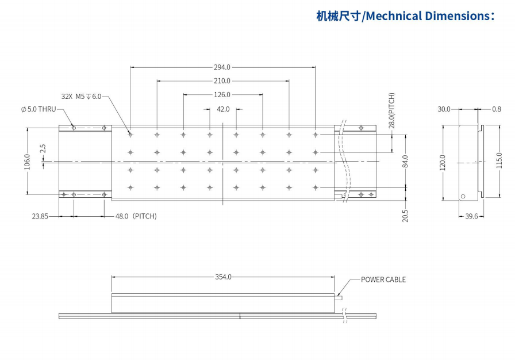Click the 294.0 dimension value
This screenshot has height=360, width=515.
click(222, 67)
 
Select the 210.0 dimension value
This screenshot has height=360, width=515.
click(222, 81)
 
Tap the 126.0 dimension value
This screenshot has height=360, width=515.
click(222, 95)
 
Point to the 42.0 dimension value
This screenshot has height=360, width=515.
click(223, 109)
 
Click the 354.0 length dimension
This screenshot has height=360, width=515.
click(223, 277)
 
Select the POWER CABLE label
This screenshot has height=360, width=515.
click(383, 279)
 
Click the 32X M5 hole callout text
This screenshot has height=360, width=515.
click(81, 97)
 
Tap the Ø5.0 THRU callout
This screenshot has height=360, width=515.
click(38, 109)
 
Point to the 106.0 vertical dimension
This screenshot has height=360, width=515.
click(26, 162)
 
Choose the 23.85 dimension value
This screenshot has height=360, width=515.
click(40, 216)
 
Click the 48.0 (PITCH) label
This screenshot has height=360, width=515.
click(136, 216)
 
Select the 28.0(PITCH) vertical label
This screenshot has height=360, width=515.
click(391, 110)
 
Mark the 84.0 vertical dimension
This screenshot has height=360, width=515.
click(405, 162)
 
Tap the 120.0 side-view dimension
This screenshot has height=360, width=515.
click(443, 162)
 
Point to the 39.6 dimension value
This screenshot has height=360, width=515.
click(471, 216)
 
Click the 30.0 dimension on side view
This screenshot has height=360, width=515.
click(444, 109)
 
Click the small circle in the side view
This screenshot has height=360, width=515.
click(463, 196)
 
